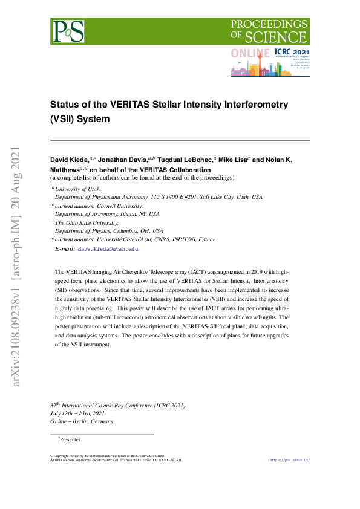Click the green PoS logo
68,30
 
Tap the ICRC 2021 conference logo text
292,53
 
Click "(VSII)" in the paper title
64,119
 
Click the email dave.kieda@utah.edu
108,248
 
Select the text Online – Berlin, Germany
82,421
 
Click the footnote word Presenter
70,439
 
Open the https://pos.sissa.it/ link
289,460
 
